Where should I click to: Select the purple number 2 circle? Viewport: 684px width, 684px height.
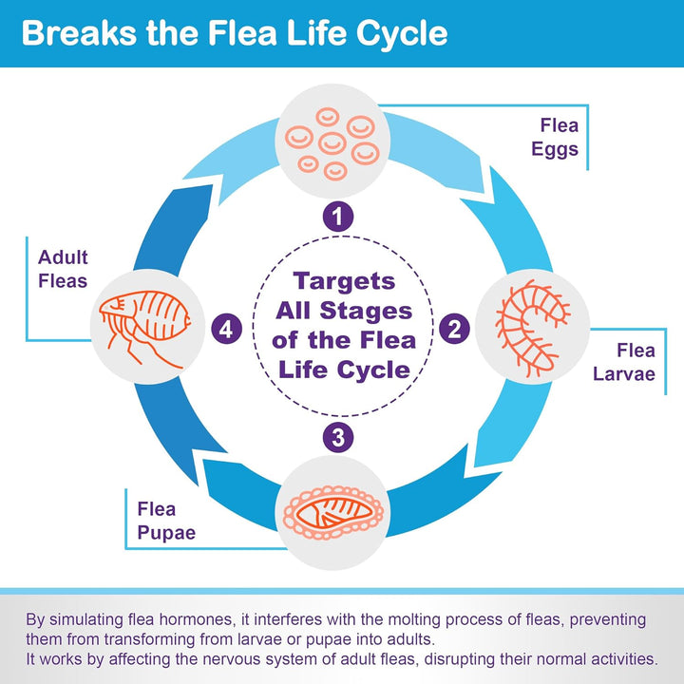(x=455, y=330)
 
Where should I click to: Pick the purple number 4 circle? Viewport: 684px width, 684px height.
(x=226, y=330)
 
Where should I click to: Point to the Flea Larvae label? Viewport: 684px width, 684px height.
(x=623, y=362)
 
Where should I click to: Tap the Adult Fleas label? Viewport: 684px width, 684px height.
(x=63, y=269)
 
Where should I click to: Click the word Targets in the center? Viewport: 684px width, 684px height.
(x=343, y=282)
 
